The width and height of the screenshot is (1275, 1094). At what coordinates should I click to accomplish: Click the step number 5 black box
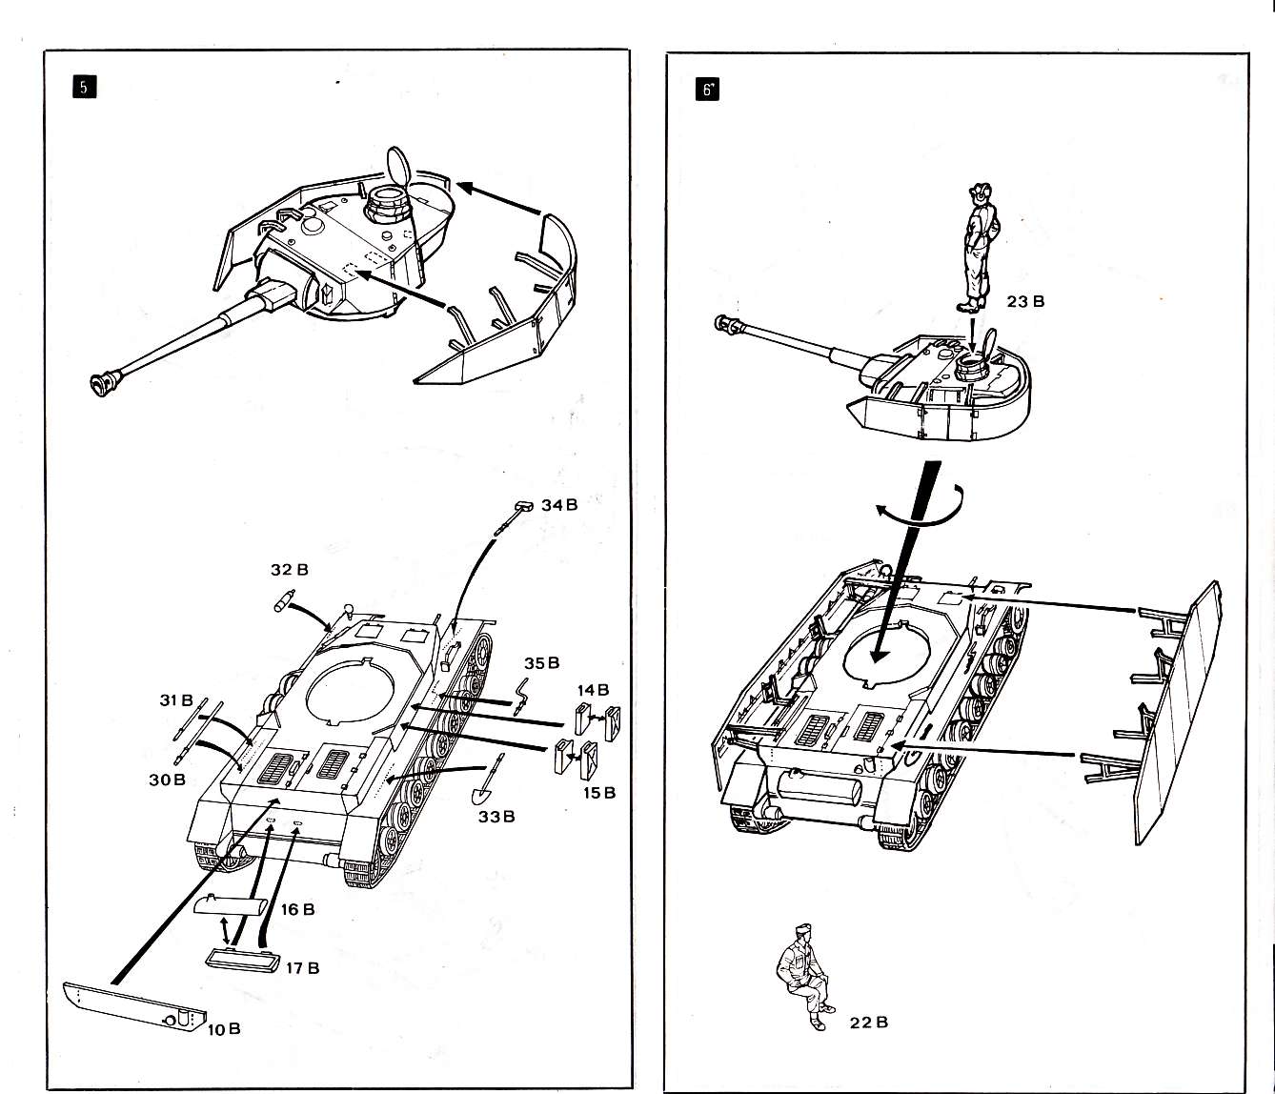[84, 87]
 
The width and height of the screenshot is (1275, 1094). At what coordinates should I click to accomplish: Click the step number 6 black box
[707, 91]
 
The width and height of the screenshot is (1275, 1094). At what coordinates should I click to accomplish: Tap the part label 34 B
[559, 505]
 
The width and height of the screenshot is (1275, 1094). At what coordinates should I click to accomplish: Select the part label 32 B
[290, 570]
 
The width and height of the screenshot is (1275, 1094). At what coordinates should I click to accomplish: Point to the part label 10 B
[224, 1028]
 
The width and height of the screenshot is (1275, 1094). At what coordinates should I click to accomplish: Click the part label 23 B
[1025, 301]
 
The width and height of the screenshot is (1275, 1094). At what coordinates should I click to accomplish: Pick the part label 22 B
[869, 1023]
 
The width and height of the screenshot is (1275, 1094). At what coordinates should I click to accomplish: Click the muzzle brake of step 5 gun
[103, 382]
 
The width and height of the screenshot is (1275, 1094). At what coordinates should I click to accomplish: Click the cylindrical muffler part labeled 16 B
[231, 905]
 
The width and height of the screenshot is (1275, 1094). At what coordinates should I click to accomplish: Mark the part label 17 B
[302, 967]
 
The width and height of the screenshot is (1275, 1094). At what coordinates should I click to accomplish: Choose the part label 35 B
[541, 662]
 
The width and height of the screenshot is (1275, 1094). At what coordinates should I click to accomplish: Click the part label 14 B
[593, 689]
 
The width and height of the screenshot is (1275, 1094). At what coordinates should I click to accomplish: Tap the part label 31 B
[176, 700]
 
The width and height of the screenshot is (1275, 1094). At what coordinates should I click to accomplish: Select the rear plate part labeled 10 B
[134, 1005]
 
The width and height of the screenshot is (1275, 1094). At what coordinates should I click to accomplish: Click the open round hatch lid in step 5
[397, 166]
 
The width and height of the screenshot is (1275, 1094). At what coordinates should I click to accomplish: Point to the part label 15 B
[599, 792]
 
